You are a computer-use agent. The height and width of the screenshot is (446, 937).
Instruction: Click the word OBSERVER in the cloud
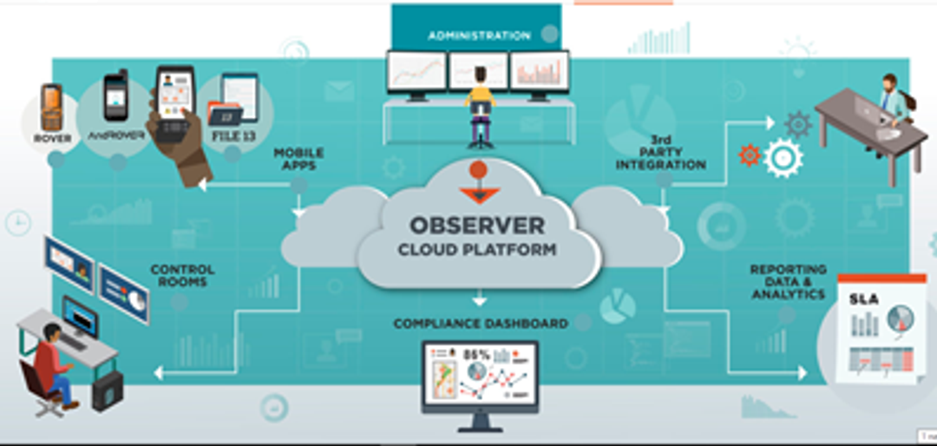click(x=477, y=226)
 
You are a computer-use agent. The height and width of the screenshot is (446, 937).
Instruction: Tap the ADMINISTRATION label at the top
click(x=479, y=36)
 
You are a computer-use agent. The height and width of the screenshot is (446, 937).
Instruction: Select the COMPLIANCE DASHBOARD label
click(x=481, y=324)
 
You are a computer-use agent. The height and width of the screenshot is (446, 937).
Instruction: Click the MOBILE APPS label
click(x=298, y=158)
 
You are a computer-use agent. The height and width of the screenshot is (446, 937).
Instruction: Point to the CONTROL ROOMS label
click(x=182, y=276)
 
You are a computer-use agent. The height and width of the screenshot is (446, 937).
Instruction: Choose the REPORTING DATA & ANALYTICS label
click(x=788, y=282)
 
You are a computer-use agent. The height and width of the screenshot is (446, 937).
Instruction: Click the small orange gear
click(x=749, y=155)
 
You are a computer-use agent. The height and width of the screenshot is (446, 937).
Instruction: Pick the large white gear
click(x=783, y=159)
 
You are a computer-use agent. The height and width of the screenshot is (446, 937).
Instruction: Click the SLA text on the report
click(x=864, y=299)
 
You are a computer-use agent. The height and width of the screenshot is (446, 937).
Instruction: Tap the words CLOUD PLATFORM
click(x=477, y=250)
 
